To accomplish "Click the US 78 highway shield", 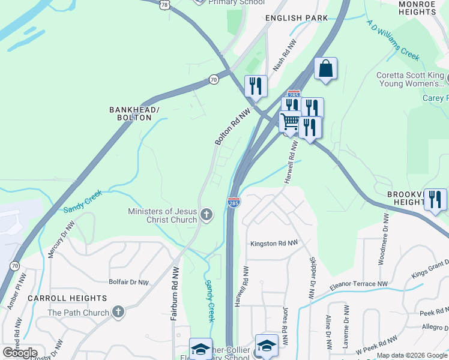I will pyautogui.click(x=164, y=4).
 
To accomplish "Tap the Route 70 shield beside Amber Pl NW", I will pyautogui.click(x=14, y=265).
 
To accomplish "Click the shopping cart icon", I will pyautogui.click(x=290, y=122).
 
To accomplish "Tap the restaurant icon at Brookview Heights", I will pyautogui.click(x=435, y=200).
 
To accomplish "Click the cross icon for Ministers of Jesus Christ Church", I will pyautogui.click(x=206, y=215).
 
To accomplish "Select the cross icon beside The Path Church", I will pyautogui.click(x=118, y=312).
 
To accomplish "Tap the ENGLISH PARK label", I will pyautogui.click(x=297, y=18).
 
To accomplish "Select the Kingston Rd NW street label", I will pyautogui.click(x=274, y=243).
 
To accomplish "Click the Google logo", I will pyautogui.click(x=20, y=353).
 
